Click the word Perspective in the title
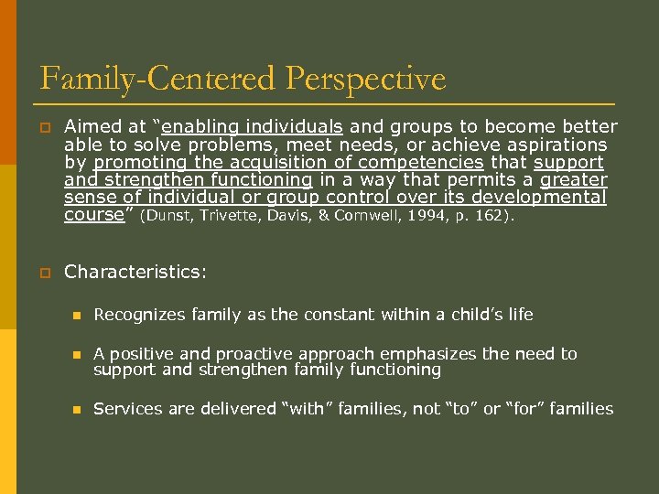[365, 79]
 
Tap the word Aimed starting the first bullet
[90, 127]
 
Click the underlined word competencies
[435, 162]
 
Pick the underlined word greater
[574, 179]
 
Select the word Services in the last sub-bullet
[126, 409]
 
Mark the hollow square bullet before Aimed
[43, 128]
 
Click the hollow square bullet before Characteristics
[43, 273]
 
